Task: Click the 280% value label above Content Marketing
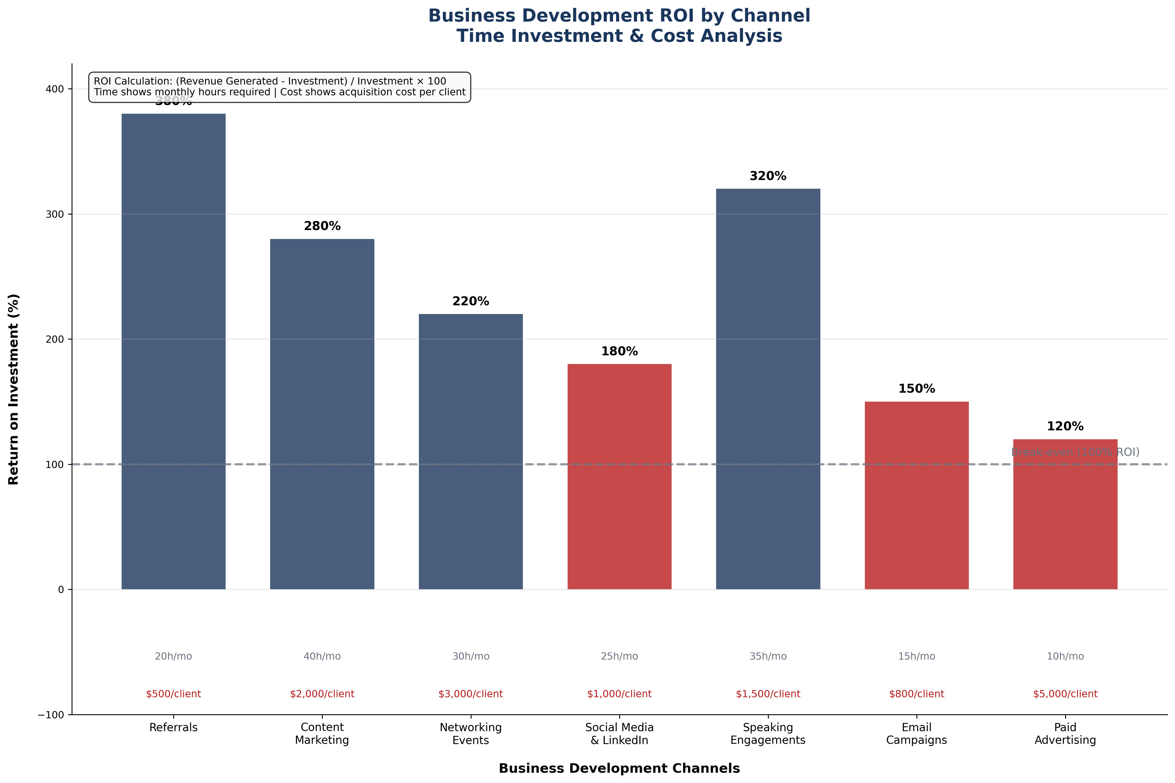322,226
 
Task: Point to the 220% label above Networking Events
470,301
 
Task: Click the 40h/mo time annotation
322,656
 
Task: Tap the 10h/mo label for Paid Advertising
1065,656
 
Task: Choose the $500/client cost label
173,694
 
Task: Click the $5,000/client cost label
1065,694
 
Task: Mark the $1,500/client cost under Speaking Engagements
767,694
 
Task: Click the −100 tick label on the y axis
51,715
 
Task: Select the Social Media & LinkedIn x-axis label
619,734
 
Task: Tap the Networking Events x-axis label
470,734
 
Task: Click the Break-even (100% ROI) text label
1075,452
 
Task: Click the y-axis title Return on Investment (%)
13,389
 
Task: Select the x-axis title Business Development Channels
619,768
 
